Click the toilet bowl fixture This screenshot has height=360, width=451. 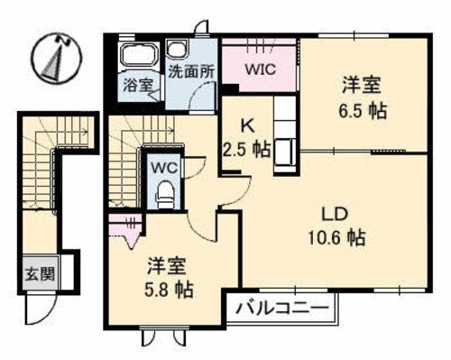[x=163, y=192]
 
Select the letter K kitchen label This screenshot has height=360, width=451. [x=244, y=127]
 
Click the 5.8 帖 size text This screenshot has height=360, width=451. [x=170, y=291]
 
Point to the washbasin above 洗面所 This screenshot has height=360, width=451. [x=177, y=52]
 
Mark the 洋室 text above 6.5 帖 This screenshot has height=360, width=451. [x=361, y=87]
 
